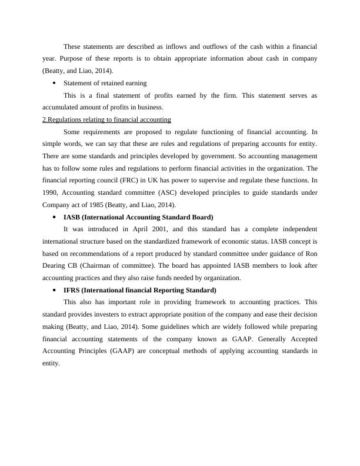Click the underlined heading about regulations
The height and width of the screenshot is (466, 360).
(x=106, y=119)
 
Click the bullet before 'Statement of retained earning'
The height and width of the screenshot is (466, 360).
(x=54, y=83)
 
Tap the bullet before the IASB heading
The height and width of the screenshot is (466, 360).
(x=54, y=217)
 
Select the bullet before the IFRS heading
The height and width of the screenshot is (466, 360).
(x=54, y=291)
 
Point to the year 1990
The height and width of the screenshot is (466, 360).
(x=51, y=193)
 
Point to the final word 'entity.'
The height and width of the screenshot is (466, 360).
(x=51, y=364)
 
